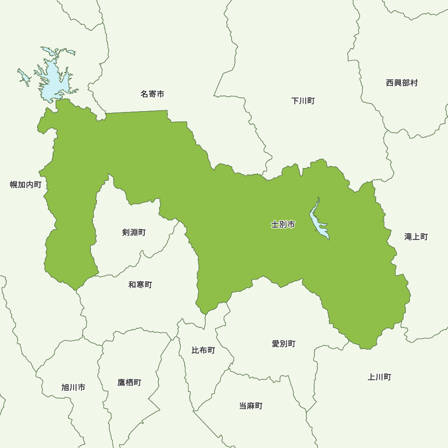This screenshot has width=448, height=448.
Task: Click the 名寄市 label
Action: coord(152,94)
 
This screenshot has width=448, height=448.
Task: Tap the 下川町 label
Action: coord(303,101)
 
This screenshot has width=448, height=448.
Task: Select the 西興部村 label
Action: coord(402,83)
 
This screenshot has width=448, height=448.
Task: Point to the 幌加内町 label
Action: coord(26,185)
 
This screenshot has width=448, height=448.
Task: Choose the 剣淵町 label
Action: coord(134,233)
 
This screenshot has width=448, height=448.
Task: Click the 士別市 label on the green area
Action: coord(283,224)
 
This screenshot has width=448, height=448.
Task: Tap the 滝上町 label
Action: coord(416,237)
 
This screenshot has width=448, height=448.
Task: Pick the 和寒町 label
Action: coord(140,285)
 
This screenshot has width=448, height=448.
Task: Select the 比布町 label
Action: coord(203,350)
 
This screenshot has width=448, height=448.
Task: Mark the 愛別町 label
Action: coord(284,344)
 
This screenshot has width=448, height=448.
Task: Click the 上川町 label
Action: coord(379,377)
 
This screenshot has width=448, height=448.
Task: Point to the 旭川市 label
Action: coord(73,388)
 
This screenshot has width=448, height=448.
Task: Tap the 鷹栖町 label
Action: coord(129,383)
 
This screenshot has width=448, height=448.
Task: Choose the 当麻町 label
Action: coord(251,406)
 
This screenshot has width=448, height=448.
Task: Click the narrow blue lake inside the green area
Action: coord(319,222)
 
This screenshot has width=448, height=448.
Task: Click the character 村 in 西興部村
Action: coord(414,83)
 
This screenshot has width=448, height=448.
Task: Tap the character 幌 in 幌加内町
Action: coord(13,185)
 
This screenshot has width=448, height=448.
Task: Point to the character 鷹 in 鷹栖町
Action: coord(121,383)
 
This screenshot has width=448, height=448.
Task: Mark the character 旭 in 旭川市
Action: coord(65,388)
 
